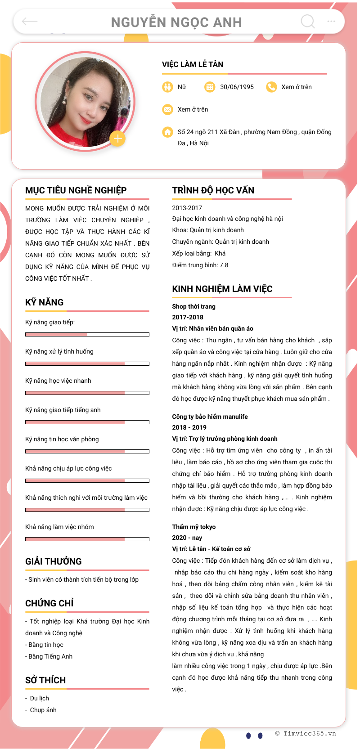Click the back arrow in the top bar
[x=30, y=21]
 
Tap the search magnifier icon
[x=308, y=21]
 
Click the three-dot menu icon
[x=331, y=21]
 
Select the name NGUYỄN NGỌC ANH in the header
[x=176, y=22]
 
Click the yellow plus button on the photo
[x=117, y=139]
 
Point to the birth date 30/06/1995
[x=237, y=87]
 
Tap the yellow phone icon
[x=271, y=87]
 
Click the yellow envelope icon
[x=167, y=109]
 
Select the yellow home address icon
[x=167, y=132]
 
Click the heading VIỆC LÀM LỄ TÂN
[x=193, y=64]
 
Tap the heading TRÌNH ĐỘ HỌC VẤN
[x=213, y=190]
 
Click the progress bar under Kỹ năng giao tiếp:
[x=87, y=334]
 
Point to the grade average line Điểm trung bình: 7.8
[x=200, y=265]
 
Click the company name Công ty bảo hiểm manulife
[x=210, y=417]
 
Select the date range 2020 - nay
[x=187, y=538]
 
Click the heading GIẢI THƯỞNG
[x=54, y=561]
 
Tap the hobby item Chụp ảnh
[x=43, y=710]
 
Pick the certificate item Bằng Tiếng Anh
[x=50, y=656]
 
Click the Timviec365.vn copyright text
[x=306, y=733]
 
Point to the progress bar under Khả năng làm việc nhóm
[x=87, y=539]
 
